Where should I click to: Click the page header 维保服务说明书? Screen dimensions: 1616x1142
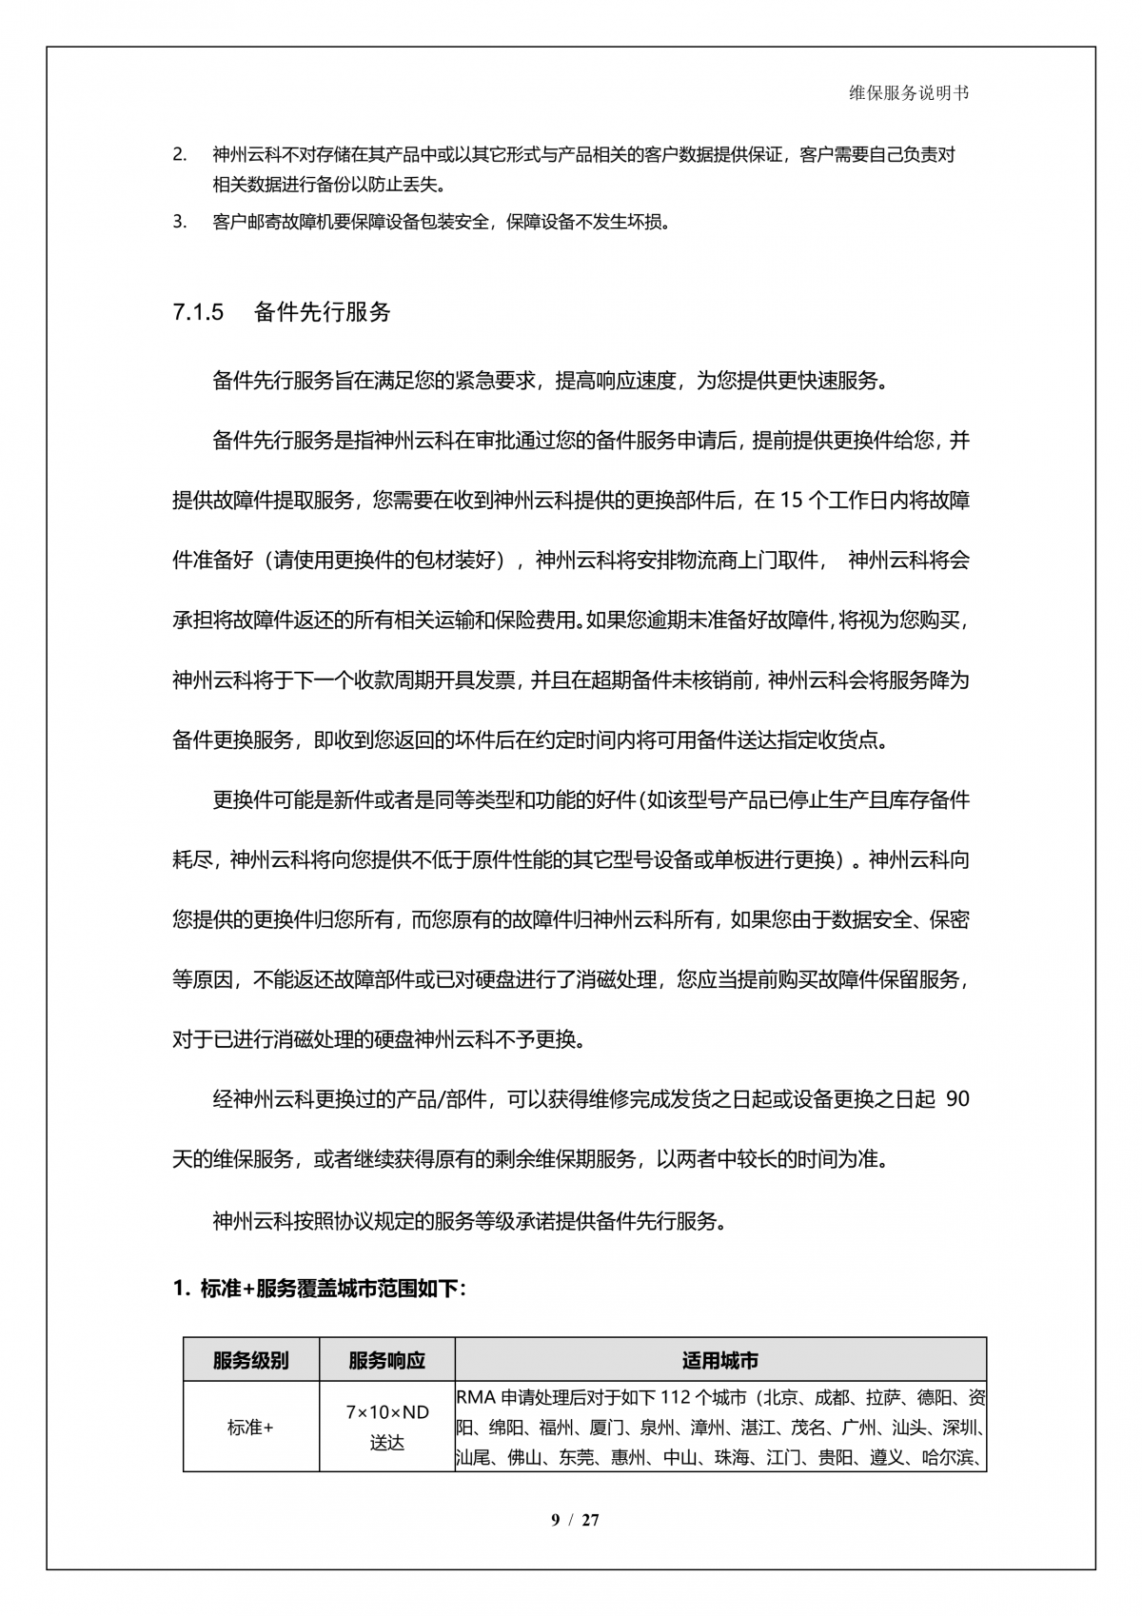(909, 92)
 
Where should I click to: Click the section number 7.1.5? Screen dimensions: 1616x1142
(198, 312)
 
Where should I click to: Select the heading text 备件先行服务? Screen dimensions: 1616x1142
(323, 312)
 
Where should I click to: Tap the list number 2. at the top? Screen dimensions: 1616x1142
(179, 154)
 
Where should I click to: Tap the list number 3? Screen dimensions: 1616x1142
(179, 223)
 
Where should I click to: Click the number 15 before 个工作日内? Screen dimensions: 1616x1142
(791, 501)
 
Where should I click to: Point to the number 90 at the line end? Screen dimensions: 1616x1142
(958, 1099)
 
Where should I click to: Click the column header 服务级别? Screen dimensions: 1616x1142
(250, 1360)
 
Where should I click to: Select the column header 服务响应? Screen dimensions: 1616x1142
(386, 1360)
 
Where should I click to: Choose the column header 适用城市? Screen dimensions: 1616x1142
(720, 1360)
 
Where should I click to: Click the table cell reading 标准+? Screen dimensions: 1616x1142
(250, 1428)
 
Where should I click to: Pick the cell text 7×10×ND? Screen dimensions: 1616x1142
(386, 1412)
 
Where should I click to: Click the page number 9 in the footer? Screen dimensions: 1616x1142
(556, 1520)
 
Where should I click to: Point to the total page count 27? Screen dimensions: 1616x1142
(591, 1520)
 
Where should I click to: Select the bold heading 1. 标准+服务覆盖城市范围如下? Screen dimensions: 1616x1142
(319, 1290)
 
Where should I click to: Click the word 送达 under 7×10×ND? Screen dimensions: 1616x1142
(386, 1443)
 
